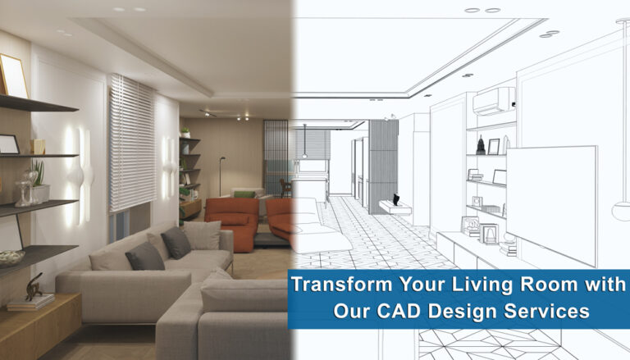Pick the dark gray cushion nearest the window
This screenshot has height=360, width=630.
click(x=176, y=242)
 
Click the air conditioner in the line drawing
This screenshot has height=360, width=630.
click(x=494, y=101)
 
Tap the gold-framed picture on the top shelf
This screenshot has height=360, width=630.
click(x=12, y=76)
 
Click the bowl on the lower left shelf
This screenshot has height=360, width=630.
click(x=11, y=257)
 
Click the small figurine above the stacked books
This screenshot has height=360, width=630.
click(x=34, y=287)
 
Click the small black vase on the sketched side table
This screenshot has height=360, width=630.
click(x=396, y=199)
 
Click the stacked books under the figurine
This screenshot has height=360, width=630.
click(x=30, y=302)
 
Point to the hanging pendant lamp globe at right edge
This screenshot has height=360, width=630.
click(x=622, y=209)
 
